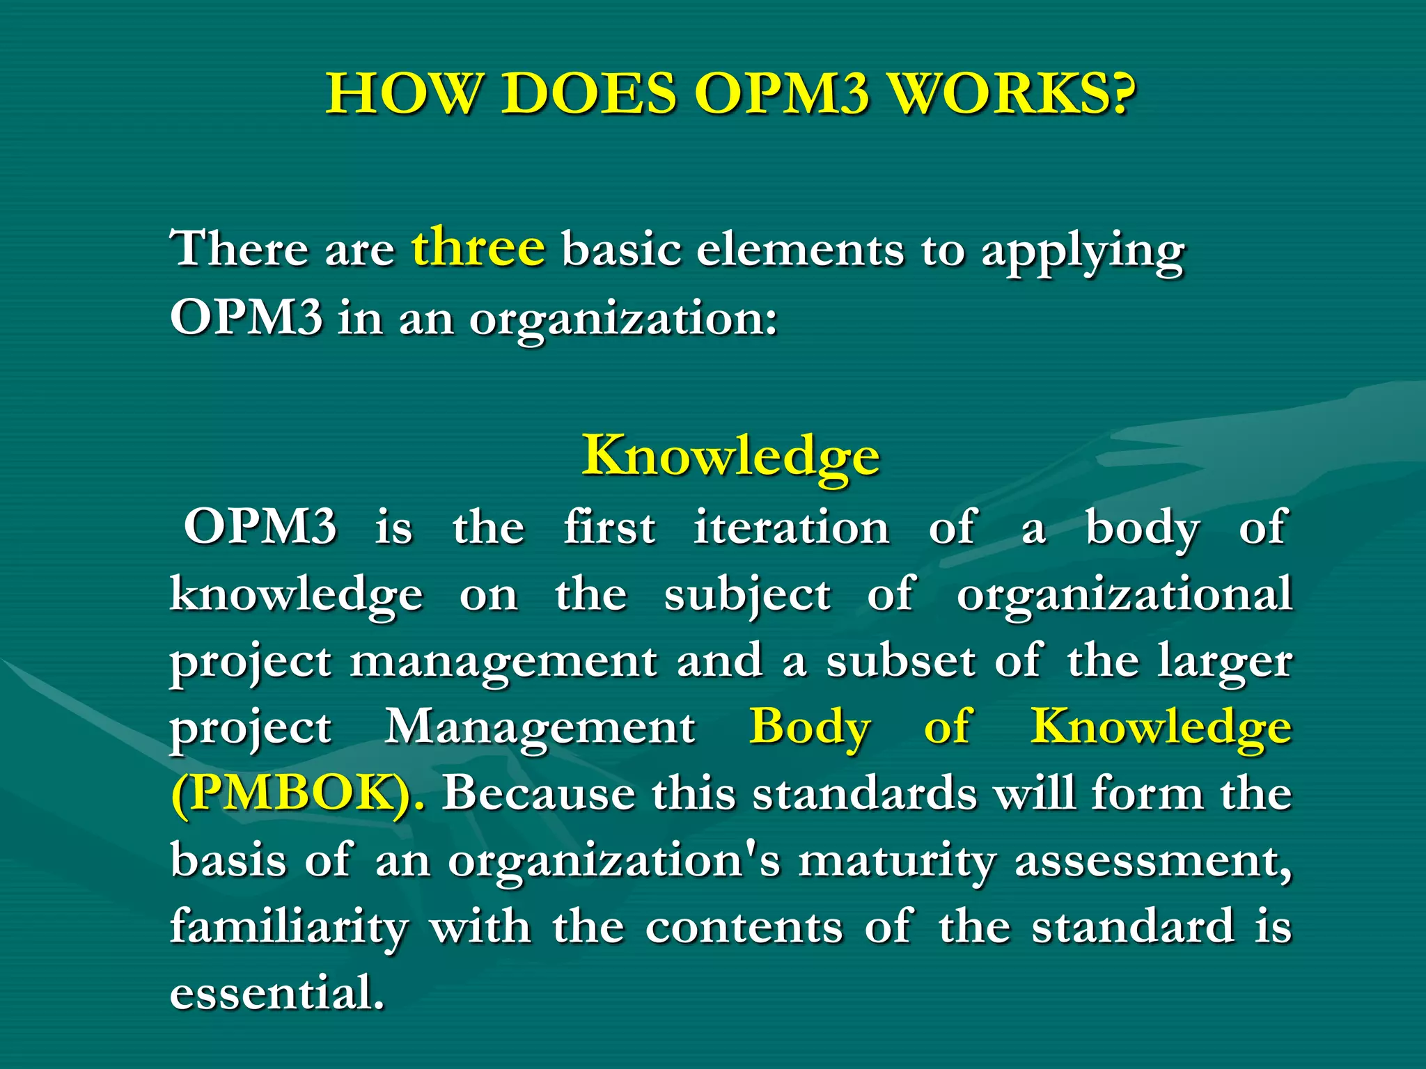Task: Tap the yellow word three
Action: coord(478,246)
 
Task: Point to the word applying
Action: coord(1083,252)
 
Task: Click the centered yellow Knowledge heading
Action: coord(731,456)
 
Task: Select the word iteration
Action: coord(791,527)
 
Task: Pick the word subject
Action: coord(747,596)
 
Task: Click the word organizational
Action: coord(1125,596)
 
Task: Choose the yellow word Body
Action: coord(810,728)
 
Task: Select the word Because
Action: coord(538,793)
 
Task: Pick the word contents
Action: coord(744,927)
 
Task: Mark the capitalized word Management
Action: coord(540,728)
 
